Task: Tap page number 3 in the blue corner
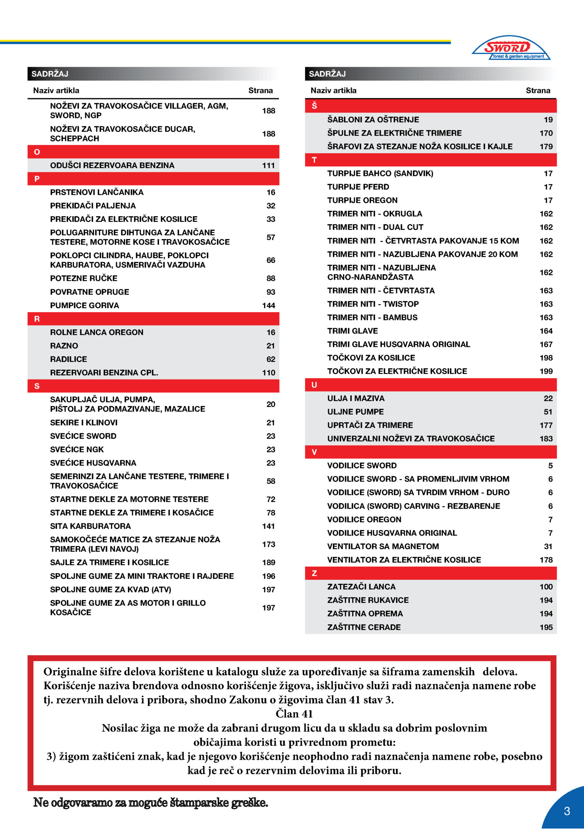point(566,811)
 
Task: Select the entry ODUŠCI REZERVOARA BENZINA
point(112,165)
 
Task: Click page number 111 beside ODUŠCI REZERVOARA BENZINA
point(268,165)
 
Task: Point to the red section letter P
point(37,179)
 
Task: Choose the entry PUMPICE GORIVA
point(85,305)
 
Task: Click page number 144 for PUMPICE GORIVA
point(268,305)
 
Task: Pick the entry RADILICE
point(68,359)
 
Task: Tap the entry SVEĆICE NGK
point(77,449)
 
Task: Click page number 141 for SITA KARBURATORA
point(268,526)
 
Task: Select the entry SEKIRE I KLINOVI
point(84,422)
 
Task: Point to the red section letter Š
point(314,106)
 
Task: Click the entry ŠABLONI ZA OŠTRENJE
point(373,120)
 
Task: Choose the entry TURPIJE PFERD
point(358,187)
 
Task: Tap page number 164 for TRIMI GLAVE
point(546,331)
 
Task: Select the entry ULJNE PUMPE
point(355,412)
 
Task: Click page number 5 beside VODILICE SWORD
point(550,465)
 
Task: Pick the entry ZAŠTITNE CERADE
point(364,627)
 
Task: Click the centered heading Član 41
point(294,714)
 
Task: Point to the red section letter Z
point(314,573)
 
